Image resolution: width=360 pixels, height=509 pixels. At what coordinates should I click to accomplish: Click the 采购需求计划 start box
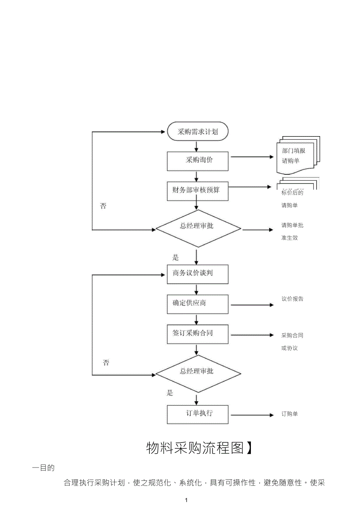tap(198, 132)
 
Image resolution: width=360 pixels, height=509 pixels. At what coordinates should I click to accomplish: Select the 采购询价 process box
tap(198, 161)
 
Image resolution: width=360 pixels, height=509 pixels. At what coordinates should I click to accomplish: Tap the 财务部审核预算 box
tap(198, 191)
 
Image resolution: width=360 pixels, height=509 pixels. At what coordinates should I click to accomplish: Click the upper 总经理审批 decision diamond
tap(198, 228)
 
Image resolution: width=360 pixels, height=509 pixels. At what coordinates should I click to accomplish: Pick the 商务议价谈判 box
tap(198, 274)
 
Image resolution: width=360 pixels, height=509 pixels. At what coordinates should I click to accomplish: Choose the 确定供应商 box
tap(198, 304)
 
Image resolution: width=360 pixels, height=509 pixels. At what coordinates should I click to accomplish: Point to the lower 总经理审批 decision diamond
tap(198, 374)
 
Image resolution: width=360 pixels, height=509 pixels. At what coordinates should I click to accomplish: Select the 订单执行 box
tap(198, 414)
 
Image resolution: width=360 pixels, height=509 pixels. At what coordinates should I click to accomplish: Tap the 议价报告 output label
tap(292, 299)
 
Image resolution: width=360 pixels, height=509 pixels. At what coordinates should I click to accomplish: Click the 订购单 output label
tap(290, 414)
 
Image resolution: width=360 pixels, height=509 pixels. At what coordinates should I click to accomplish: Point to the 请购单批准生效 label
tap(292, 231)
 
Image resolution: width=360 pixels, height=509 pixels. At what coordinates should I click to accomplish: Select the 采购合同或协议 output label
tap(292, 342)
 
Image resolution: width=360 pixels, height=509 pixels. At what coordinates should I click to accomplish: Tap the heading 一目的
tap(43, 468)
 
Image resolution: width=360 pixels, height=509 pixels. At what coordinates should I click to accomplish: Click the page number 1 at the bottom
tap(186, 500)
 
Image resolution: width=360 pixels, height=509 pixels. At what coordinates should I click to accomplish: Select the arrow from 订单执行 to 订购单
tap(252, 415)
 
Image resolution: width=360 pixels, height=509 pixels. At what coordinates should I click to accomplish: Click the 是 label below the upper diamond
tap(176, 257)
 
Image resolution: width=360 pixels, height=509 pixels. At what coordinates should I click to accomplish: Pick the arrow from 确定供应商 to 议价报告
tap(252, 305)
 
